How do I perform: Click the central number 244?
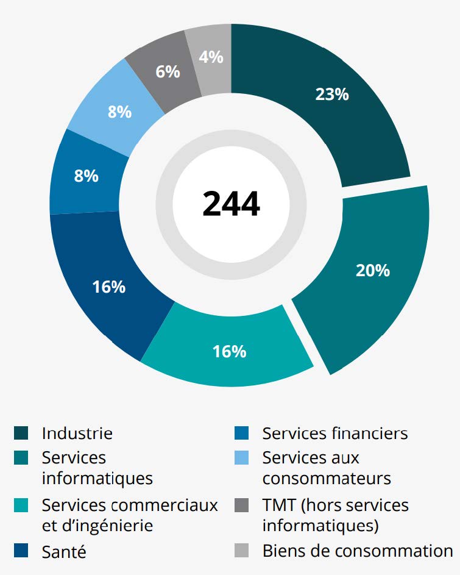[231, 204]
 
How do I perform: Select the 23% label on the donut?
[332, 95]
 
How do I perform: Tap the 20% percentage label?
[372, 270]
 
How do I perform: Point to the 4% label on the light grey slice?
[211, 57]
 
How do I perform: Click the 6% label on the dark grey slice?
[168, 71]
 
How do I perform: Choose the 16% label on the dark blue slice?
[109, 287]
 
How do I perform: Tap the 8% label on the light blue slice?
[119, 112]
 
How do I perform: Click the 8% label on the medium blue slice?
[86, 176]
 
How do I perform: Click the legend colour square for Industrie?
[21, 434]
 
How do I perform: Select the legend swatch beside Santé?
[21, 552]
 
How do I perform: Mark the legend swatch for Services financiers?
[242, 434]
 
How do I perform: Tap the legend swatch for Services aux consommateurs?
[242, 457]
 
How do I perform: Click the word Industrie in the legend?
[77, 434]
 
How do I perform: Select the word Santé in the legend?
[64, 552]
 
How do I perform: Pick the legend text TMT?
[278, 505]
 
